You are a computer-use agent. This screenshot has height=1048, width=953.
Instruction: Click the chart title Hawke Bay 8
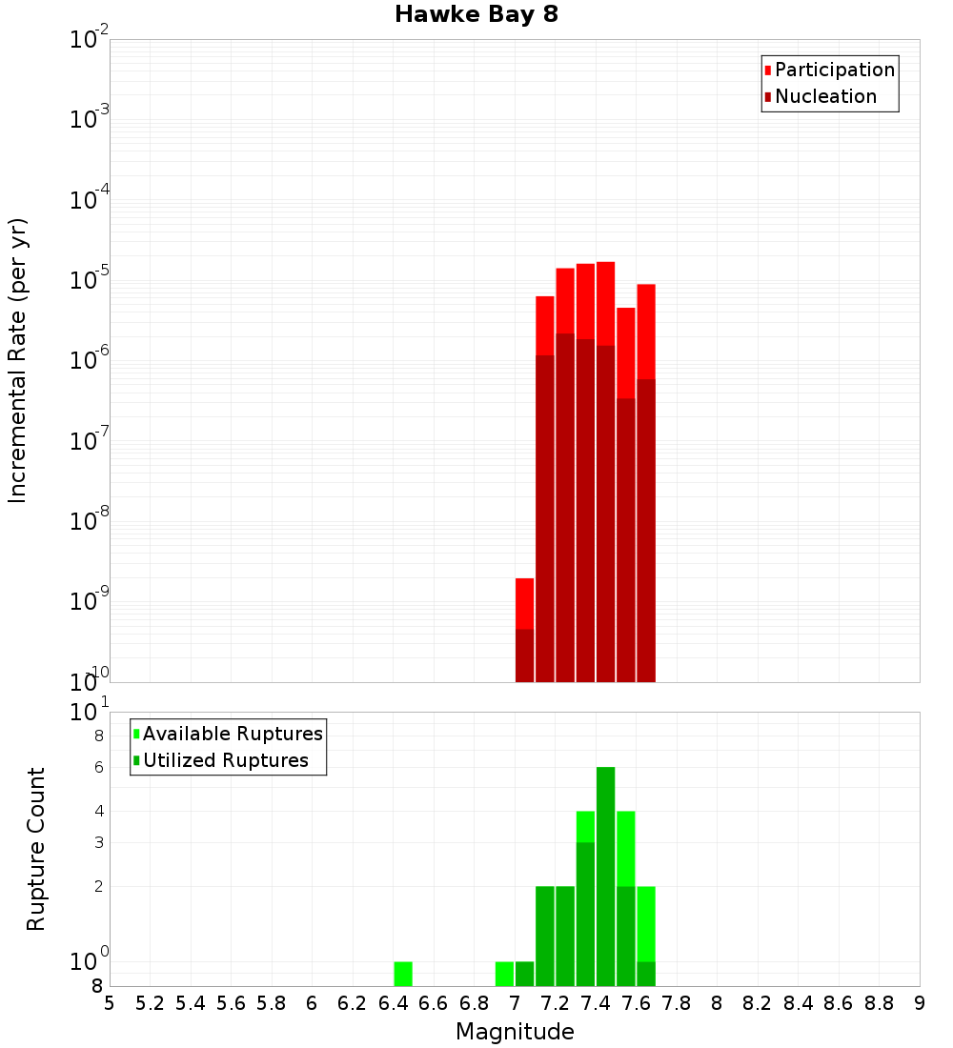coord(476,15)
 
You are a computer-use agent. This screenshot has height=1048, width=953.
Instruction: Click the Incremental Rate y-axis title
coord(18,360)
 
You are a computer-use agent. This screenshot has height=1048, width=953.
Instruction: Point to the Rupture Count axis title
coord(36,848)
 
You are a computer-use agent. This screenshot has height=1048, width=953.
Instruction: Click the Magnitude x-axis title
coord(515,1032)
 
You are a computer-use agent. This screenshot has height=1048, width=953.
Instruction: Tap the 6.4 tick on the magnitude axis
coord(393,1003)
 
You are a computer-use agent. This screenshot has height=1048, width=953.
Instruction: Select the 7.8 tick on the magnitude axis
coord(677,1003)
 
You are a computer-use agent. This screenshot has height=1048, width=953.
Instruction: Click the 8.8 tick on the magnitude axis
coord(879,1003)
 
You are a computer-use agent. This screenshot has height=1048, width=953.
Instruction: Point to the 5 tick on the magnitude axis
coord(110,1003)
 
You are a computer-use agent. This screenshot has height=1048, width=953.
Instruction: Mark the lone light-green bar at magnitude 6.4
coord(403,974)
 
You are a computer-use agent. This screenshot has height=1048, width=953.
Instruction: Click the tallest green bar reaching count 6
coord(605,877)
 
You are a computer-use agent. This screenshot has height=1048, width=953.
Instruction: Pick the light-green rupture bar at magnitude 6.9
coord(504,974)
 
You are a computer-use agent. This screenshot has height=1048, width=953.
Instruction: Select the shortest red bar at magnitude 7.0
coord(524,629)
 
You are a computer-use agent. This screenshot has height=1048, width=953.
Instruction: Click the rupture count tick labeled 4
coord(97,811)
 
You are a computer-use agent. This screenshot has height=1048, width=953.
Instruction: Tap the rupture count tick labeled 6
coord(97,767)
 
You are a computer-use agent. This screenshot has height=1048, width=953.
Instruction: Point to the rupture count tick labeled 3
coord(97,842)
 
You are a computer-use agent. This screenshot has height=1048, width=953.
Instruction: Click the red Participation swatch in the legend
coord(768,71)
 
